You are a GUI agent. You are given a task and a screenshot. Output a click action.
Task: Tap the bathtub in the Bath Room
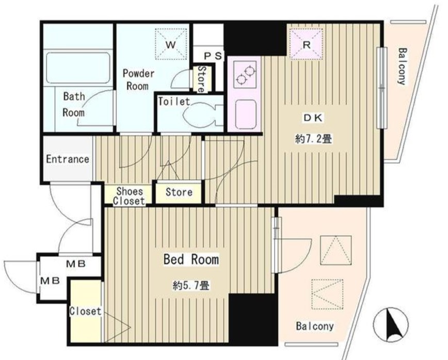[78, 67]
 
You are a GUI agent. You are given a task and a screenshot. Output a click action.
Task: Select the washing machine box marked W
[171, 44]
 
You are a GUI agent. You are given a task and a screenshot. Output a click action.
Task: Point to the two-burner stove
[245, 74]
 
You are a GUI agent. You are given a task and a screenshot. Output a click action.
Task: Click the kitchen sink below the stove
[246, 114]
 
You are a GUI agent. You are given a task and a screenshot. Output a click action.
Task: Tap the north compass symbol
[391, 324]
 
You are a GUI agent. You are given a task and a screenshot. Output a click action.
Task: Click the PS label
[213, 56]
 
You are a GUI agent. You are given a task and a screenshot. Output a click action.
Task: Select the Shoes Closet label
[129, 196]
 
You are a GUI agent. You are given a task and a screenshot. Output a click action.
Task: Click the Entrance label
[68, 159]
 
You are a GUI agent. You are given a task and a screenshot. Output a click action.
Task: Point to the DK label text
[313, 118]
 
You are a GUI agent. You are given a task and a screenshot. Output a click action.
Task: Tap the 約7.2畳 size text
[313, 139]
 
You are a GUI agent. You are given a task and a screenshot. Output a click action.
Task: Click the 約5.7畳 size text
[191, 285]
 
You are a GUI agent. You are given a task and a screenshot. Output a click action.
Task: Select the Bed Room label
[191, 259]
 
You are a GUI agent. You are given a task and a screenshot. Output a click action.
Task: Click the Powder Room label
[138, 79]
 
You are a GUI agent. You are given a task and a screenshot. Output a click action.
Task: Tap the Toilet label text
[174, 102]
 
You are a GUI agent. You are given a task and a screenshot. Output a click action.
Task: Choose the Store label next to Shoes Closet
[179, 192]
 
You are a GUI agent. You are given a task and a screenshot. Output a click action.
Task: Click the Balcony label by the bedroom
[314, 326]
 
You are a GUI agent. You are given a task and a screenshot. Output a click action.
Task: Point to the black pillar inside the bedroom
[253, 319]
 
